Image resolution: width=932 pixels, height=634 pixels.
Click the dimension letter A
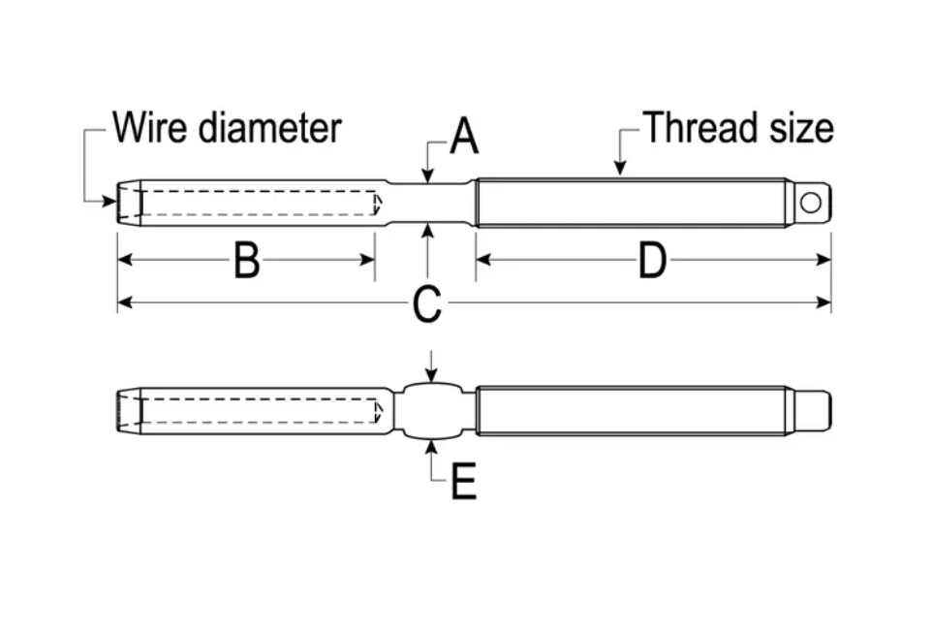pos(464,138)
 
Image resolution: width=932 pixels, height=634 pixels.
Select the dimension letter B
pos(246,261)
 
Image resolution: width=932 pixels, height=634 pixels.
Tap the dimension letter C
pos(426,304)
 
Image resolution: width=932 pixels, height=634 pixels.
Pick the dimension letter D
pos(652,261)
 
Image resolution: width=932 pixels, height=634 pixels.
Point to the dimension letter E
pos(464,480)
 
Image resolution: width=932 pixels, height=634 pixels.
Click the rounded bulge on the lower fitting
pos(432,412)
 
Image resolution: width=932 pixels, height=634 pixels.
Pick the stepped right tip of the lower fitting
pos(814,411)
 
